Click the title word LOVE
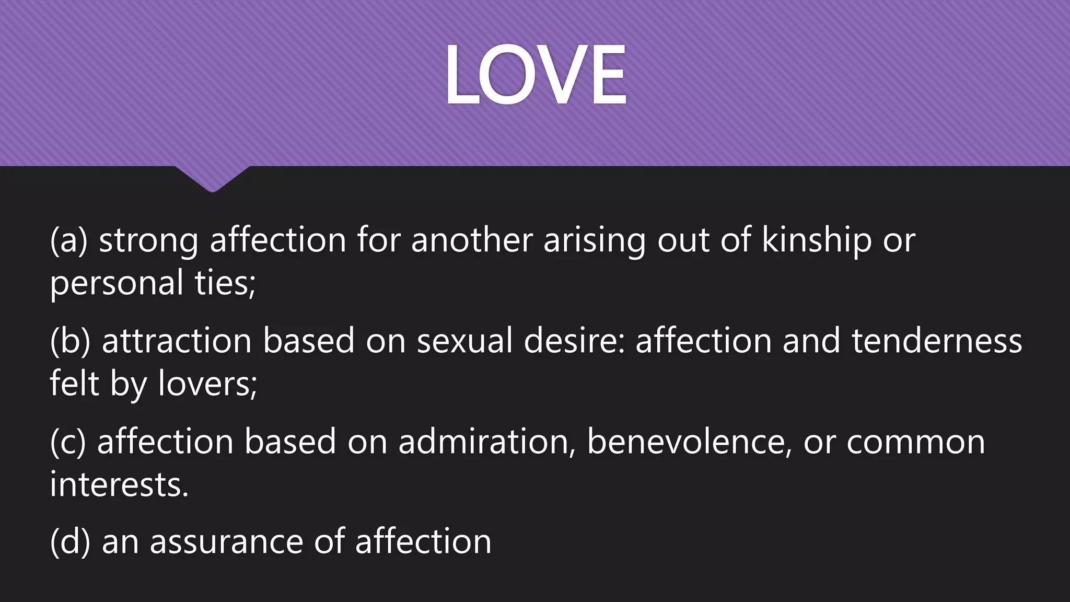tap(536, 75)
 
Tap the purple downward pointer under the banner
tap(212, 178)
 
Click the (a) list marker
tap(68, 241)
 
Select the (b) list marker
tap(70, 341)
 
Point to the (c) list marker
tap(68, 442)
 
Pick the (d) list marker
tap(70, 542)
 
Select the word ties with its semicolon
tap(225, 283)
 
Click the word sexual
tap(464, 341)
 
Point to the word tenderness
tap(937, 341)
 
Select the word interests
tap(119, 484)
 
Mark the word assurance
tap(226, 542)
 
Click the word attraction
tap(177, 341)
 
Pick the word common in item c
tap(915, 442)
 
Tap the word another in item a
tap(472, 241)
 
